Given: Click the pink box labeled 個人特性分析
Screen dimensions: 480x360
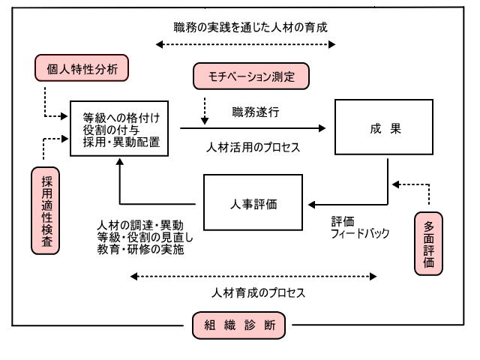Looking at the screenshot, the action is [82, 68].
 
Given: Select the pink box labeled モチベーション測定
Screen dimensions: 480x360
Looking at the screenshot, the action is [251, 76].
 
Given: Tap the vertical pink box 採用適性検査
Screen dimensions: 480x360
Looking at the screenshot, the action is [46, 211].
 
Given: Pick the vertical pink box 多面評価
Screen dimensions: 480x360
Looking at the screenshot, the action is [428, 244].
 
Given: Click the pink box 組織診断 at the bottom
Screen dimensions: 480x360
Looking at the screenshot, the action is [238, 325].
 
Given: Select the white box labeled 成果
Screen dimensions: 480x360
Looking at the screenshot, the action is [384, 127].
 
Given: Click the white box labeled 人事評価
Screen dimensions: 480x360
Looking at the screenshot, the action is [253, 202].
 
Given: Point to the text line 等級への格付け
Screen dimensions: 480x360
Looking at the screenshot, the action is [121, 118].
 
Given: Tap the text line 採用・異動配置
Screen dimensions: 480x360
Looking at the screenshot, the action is [121, 142].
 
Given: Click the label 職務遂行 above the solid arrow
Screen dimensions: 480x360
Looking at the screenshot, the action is [256, 112].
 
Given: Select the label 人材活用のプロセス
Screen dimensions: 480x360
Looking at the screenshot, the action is [253, 148].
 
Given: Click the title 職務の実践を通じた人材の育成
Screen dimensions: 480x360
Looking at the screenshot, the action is [250, 27].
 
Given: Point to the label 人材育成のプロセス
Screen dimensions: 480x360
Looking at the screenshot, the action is [258, 293].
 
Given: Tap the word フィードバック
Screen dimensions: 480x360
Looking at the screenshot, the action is [360, 233].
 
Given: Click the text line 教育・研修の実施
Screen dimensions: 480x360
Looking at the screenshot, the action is [141, 249].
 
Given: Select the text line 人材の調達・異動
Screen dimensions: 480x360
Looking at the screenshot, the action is [140, 225].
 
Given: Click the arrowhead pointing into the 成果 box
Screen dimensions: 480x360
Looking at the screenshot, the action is [322, 128].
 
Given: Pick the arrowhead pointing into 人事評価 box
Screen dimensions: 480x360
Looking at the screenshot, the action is [312, 205].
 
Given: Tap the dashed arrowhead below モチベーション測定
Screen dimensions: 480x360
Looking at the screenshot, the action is [205, 121].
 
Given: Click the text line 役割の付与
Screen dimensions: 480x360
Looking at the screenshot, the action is [111, 130].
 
